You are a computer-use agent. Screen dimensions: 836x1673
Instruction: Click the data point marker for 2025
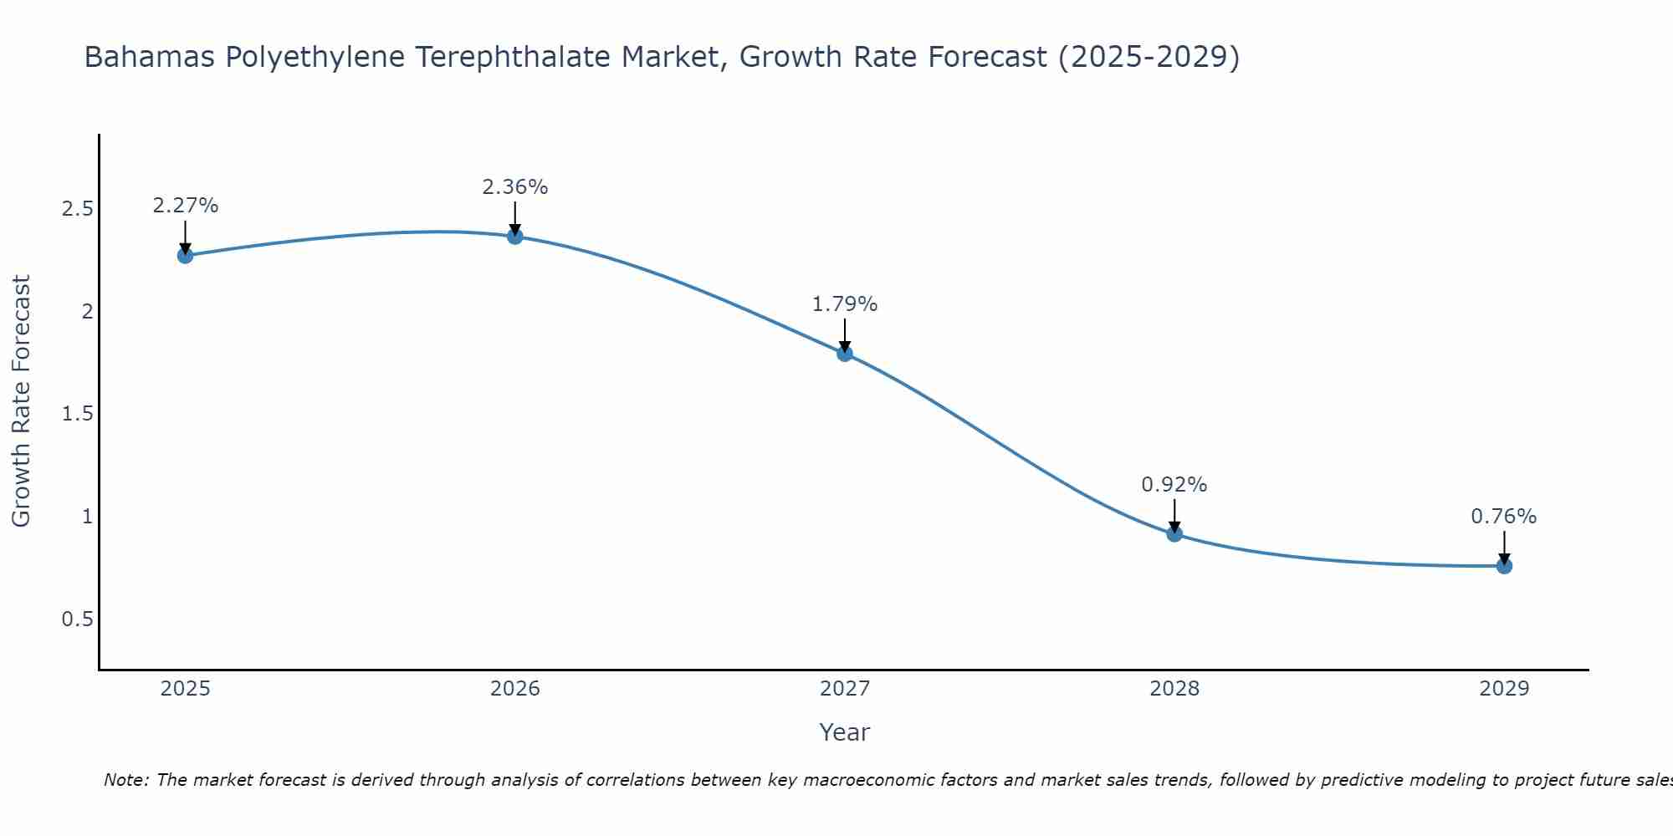pyautogui.click(x=186, y=255)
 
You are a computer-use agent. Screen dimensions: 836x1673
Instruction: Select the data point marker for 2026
pyautogui.click(x=515, y=237)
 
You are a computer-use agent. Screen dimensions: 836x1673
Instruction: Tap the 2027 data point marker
pyautogui.click(x=845, y=353)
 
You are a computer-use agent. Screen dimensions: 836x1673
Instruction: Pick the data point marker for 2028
pyautogui.click(x=1174, y=533)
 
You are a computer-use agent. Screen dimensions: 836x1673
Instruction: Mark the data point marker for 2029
pyautogui.click(x=1504, y=566)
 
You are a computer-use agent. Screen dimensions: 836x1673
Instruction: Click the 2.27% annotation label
pyautogui.click(x=186, y=206)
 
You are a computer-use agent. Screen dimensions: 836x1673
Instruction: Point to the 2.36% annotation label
pyautogui.click(x=515, y=187)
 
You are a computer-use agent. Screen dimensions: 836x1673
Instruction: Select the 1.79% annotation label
pyautogui.click(x=845, y=304)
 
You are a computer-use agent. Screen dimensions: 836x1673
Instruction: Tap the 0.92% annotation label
pyautogui.click(x=1174, y=485)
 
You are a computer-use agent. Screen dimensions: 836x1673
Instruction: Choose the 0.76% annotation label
pyautogui.click(x=1504, y=517)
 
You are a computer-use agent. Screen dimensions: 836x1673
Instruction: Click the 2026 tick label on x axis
pyautogui.click(x=515, y=689)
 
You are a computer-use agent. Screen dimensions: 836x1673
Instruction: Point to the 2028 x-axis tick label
pyautogui.click(x=1174, y=689)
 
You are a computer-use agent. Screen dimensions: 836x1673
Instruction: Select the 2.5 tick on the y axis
pyautogui.click(x=77, y=209)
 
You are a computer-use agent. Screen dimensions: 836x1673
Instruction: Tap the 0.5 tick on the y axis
pyautogui.click(x=77, y=619)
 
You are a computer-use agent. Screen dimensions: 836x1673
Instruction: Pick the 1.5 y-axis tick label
pyautogui.click(x=77, y=415)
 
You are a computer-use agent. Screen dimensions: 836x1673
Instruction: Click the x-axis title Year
pyautogui.click(x=845, y=732)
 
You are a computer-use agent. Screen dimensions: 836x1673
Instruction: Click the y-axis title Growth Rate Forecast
pyautogui.click(x=22, y=401)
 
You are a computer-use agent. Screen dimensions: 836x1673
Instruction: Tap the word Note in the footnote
pyautogui.click(x=125, y=780)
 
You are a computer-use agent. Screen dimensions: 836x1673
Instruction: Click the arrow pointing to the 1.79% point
pyautogui.click(x=845, y=334)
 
